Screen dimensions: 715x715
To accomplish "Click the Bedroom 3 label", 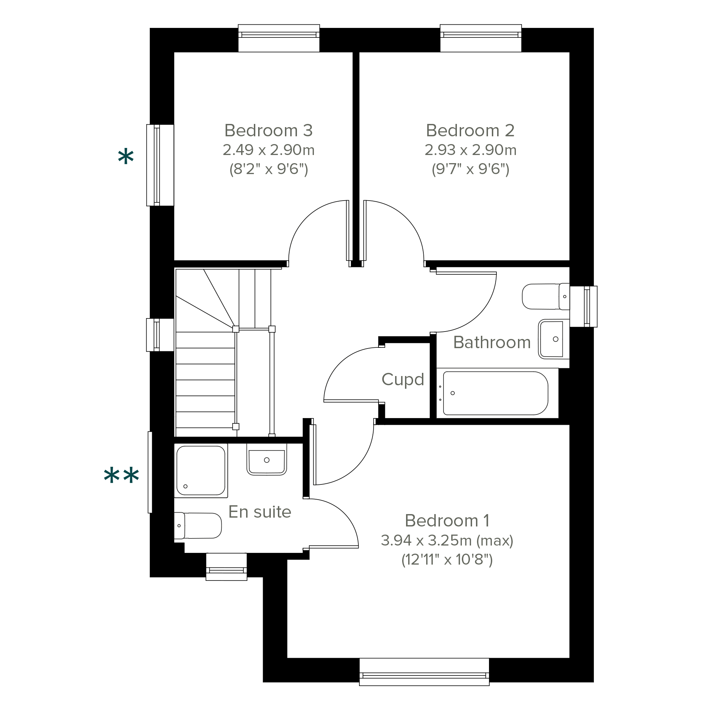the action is click(269, 131).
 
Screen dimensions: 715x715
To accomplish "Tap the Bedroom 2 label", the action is click(470, 131).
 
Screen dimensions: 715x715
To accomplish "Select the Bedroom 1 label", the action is click(447, 521).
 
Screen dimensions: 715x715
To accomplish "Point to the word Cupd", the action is click(403, 380).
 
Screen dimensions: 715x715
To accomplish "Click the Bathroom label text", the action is click(492, 342).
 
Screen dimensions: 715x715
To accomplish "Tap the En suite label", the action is click(260, 512).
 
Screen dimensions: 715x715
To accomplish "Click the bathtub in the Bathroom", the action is click(497, 393).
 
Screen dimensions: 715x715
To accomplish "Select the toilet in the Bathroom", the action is click(546, 297).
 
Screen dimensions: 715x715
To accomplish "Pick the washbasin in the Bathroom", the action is click(554, 339).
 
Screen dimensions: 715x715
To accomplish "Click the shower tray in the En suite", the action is click(201, 471).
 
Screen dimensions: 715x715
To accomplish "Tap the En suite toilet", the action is click(198, 525).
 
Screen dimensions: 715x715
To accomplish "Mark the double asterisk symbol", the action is click(121, 476).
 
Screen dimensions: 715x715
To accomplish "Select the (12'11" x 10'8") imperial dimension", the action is click(447, 560).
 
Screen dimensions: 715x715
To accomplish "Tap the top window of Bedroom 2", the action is click(481, 38).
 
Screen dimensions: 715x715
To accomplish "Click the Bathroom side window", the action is click(584, 306).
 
